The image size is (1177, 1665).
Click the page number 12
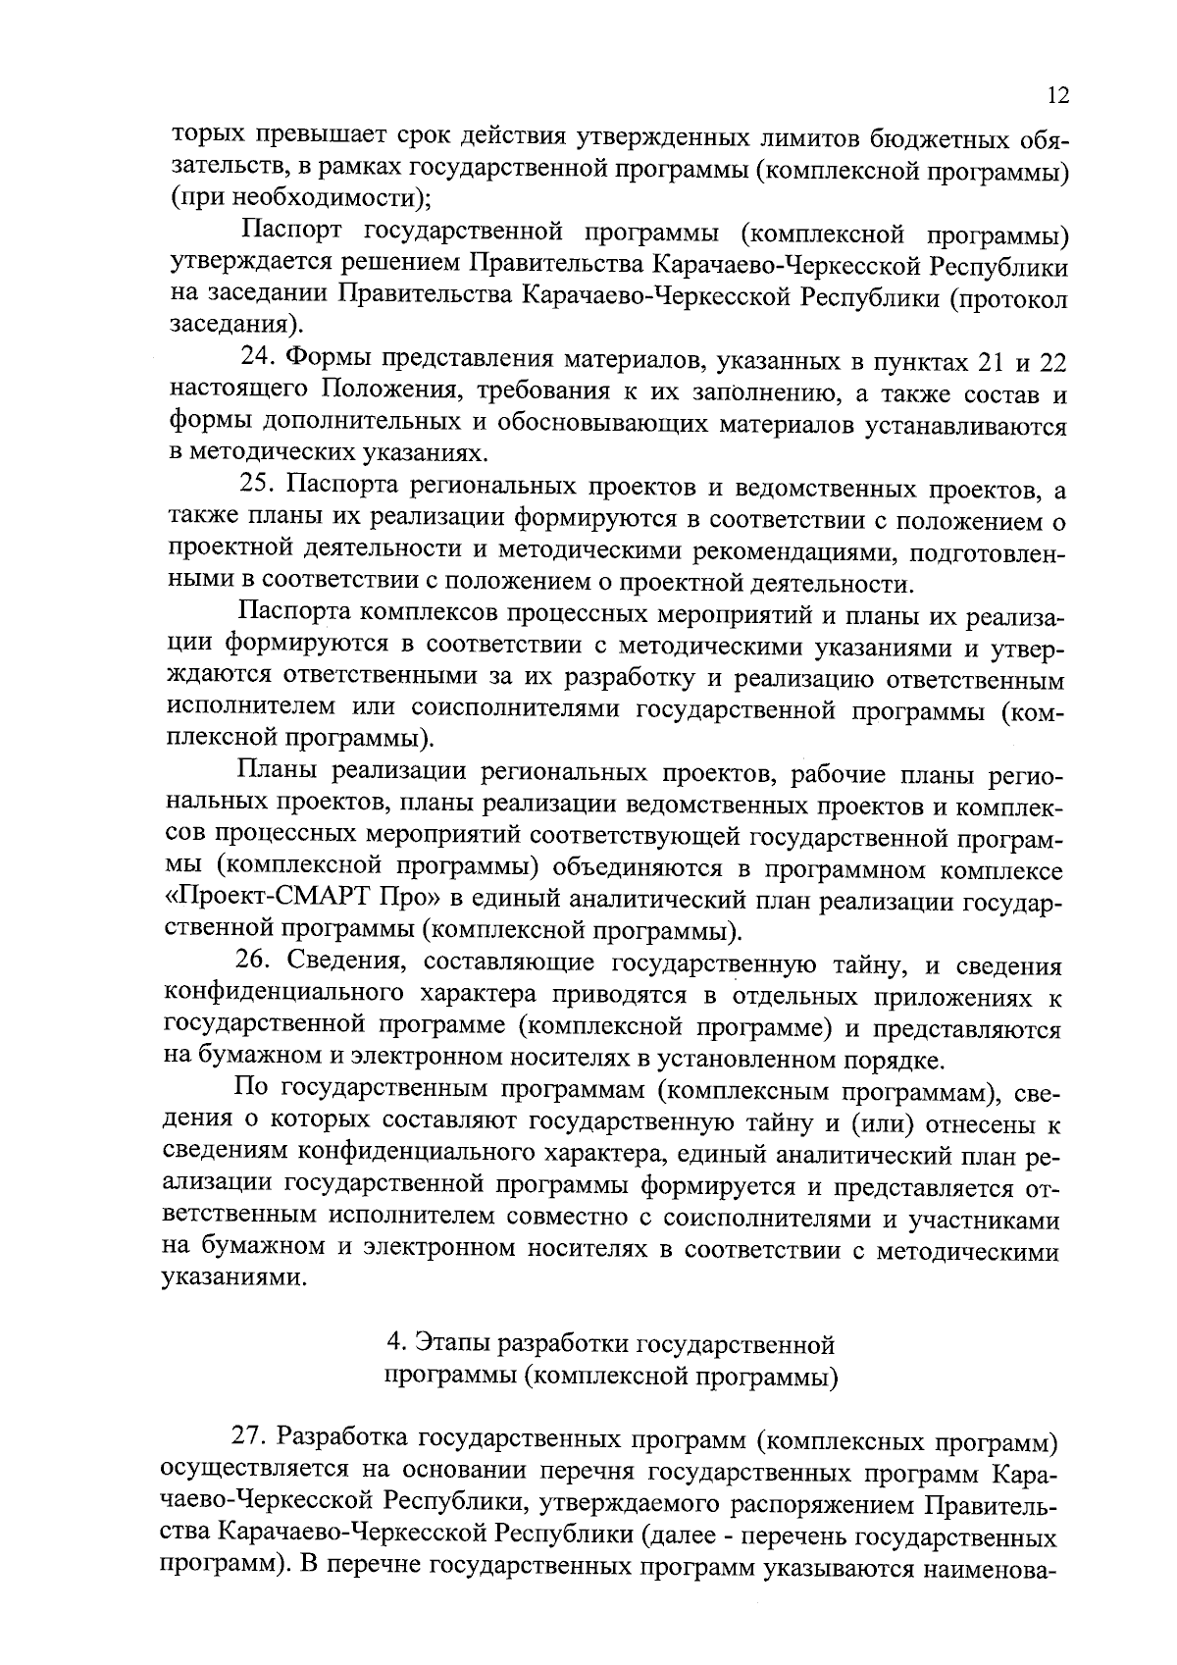[1057, 95]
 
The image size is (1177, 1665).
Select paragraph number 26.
[252, 965]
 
